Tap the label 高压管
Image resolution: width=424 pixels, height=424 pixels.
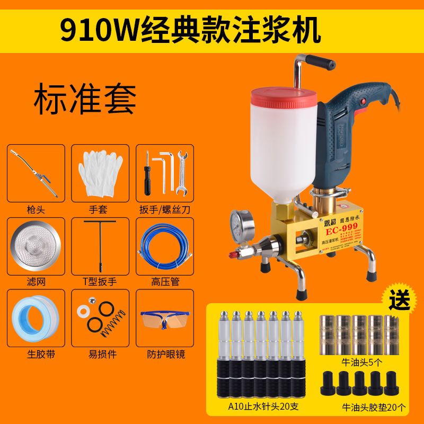pyautogui.click(x=163, y=281)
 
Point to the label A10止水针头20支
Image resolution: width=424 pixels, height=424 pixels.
pyautogui.click(x=257, y=407)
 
